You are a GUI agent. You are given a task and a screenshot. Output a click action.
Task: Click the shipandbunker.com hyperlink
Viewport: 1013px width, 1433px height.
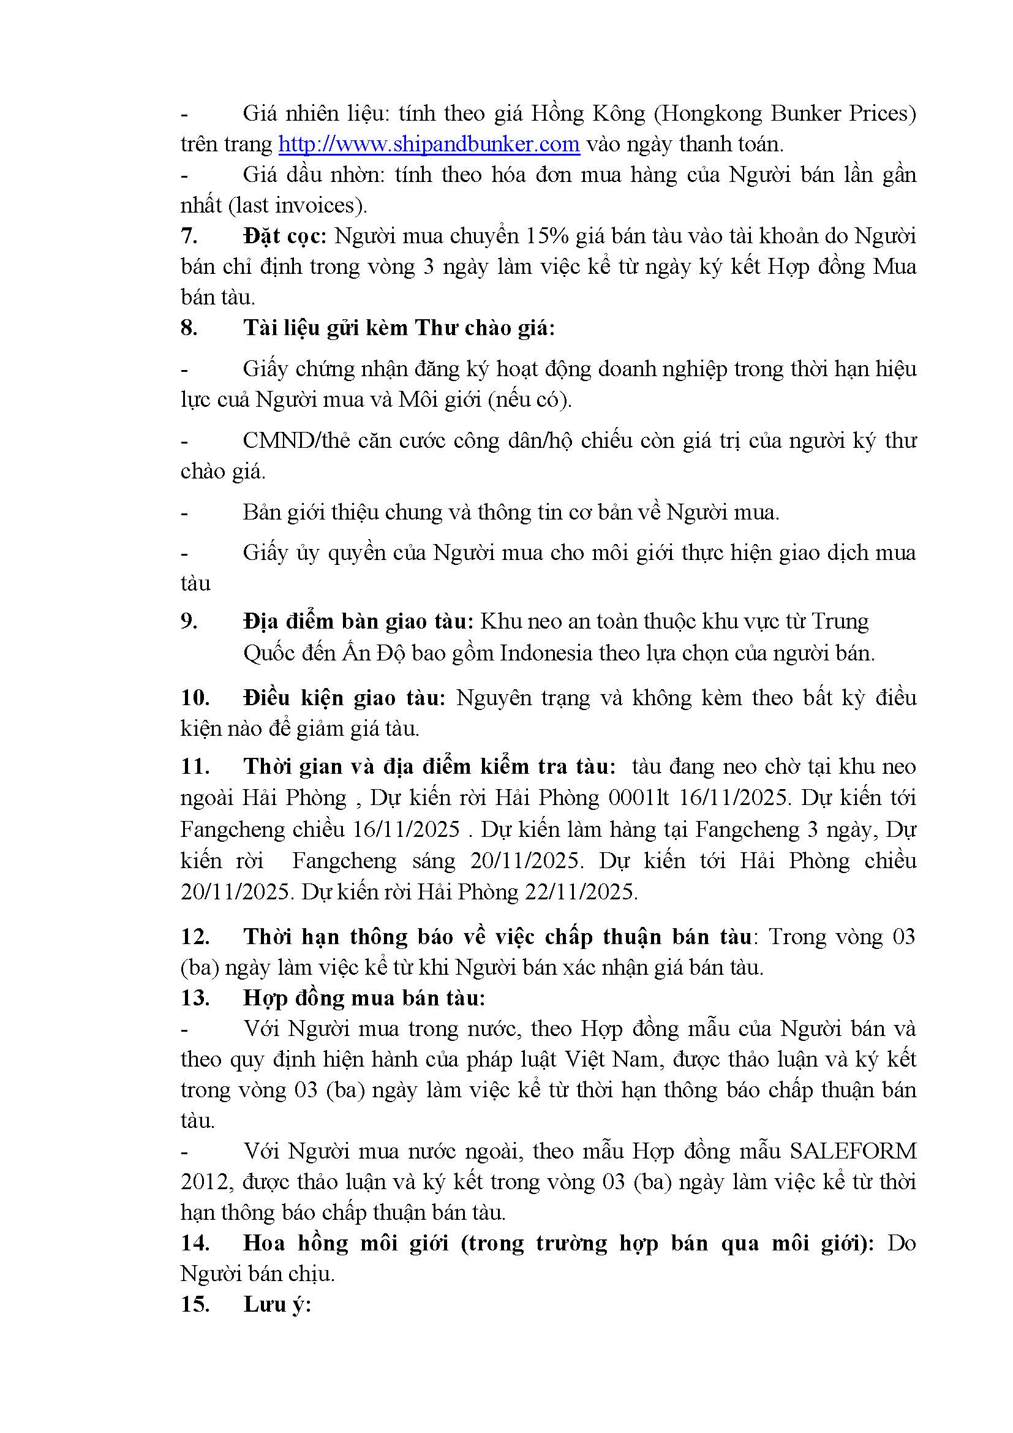pos(429,144)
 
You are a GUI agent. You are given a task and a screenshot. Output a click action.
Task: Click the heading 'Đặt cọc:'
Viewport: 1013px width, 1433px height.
pos(284,236)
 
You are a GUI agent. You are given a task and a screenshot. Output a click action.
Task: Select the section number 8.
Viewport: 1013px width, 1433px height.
pos(189,328)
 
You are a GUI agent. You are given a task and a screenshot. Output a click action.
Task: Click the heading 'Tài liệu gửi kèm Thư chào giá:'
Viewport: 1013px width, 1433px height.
pos(399,328)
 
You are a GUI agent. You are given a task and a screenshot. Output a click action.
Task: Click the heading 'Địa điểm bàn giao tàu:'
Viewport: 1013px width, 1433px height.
pos(359,621)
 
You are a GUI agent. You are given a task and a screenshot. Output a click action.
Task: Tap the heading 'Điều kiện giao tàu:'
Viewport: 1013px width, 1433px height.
pos(344,697)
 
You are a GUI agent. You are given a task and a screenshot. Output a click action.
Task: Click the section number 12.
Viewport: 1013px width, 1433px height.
pos(195,936)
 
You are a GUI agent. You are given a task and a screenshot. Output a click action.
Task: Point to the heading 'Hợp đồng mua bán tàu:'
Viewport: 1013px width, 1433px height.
pos(364,997)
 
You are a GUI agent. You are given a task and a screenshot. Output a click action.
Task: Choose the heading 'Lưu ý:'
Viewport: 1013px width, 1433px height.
pos(277,1304)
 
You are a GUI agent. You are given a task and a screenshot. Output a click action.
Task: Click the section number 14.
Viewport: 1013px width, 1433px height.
pos(195,1242)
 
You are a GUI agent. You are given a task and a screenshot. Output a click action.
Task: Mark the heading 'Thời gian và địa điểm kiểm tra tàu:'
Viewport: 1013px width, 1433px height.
pos(429,766)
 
